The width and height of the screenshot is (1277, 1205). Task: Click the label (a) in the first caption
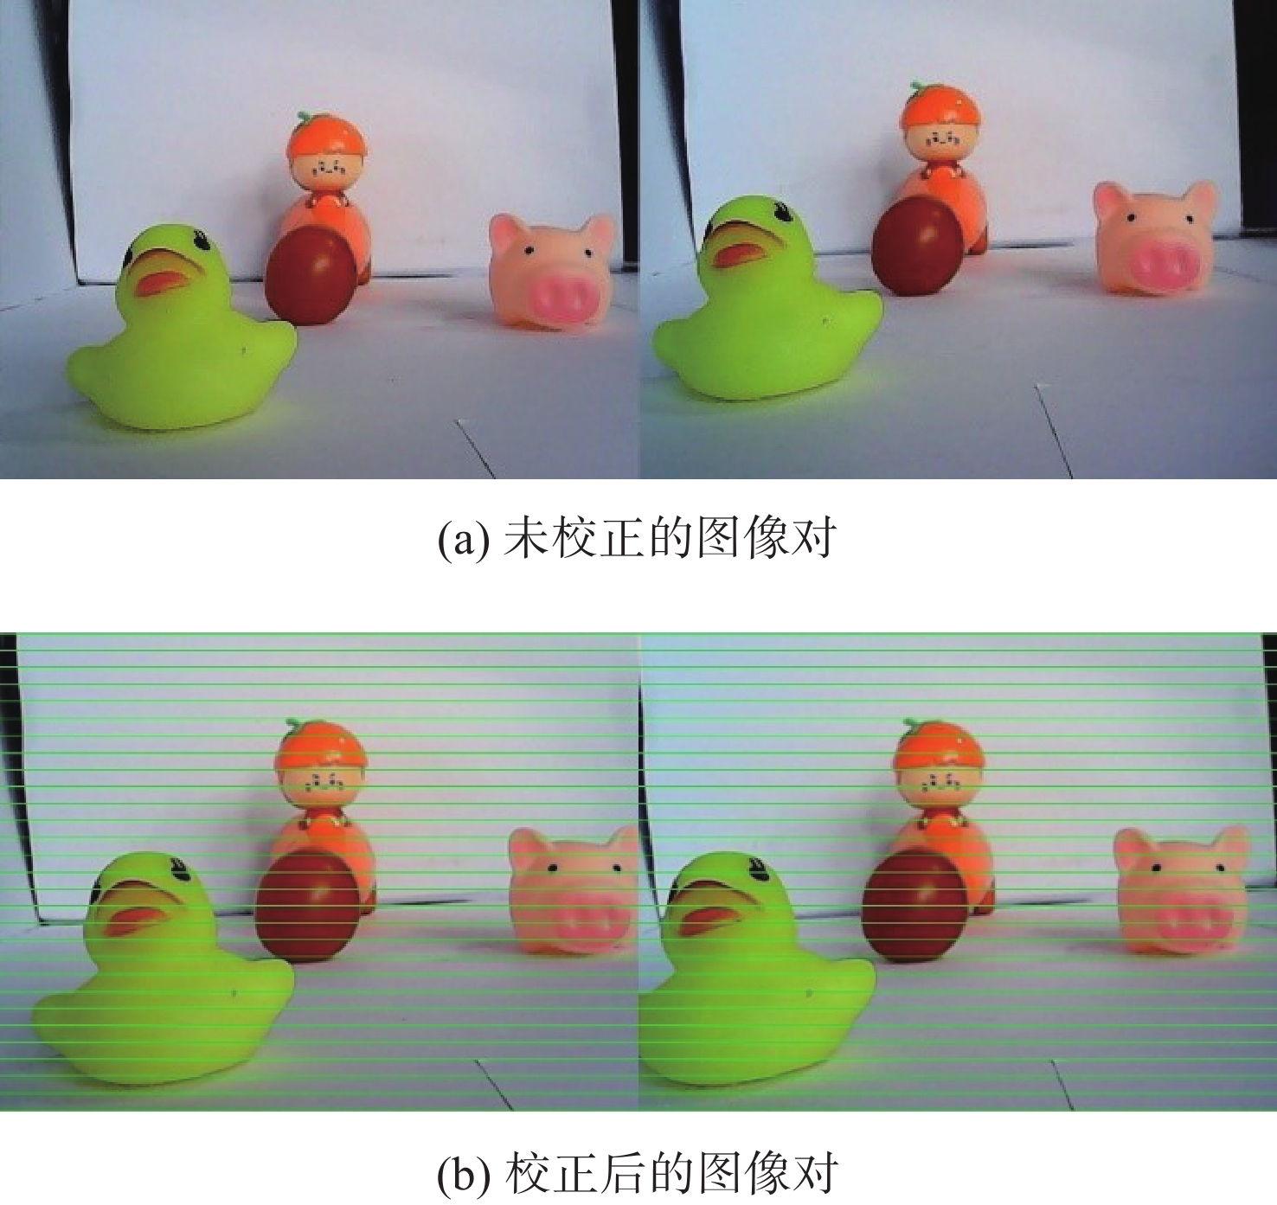[463, 537]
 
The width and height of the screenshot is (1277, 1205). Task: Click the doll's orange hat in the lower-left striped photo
[321, 746]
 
